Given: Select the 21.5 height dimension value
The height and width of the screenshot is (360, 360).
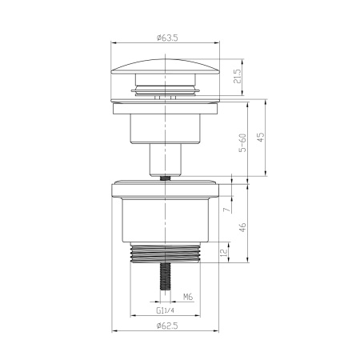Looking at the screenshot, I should point(238,78).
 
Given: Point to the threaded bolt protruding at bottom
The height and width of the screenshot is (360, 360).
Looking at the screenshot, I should point(167,277).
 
